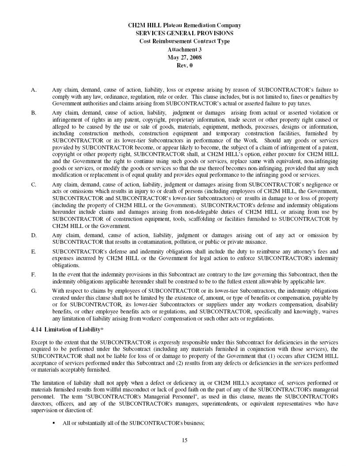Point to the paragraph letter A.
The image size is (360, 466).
pyautogui.click(x=34, y=89)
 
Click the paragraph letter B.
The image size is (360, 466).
pyautogui.click(x=34, y=113)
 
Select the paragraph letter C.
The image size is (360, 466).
pyautogui.click(x=34, y=184)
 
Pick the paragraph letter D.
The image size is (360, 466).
pyautogui.click(x=34, y=235)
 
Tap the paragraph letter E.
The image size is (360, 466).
pyautogui.click(x=34, y=251)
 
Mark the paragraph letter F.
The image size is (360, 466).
pyautogui.click(x=34, y=274)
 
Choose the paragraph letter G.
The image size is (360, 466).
pyautogui.click(x=34, y=291)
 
